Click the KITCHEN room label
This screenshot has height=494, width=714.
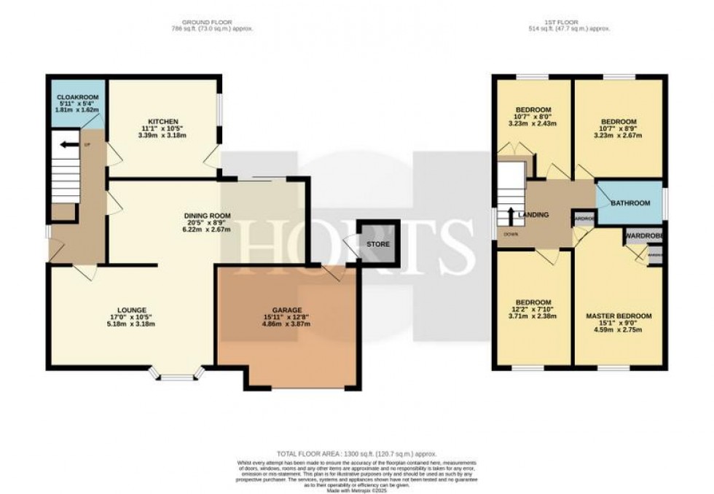click(163, 121)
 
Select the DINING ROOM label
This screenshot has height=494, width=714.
click(207, 216)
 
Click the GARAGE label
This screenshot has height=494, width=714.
click(288, 310)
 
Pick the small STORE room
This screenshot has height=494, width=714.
click(378, 244)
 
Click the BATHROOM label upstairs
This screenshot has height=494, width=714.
click(629, 203)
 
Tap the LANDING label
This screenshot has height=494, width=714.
click(533, 215)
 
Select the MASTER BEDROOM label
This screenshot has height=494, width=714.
click(619, 316)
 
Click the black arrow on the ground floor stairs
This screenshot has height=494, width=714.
click(69, 144)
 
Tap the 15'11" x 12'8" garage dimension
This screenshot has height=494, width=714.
click(288, 318)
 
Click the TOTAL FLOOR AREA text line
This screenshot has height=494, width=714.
click(356, 454)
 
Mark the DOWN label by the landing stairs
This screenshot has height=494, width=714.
click(505, 235)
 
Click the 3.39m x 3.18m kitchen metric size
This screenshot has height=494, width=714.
click(163, 136)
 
